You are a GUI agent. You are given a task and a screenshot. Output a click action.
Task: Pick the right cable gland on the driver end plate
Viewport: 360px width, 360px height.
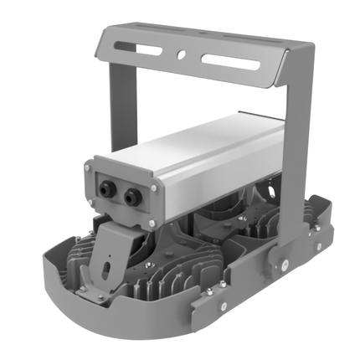pos(132,198)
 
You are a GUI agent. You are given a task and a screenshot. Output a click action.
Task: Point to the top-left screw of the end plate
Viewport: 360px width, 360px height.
pos(91,168)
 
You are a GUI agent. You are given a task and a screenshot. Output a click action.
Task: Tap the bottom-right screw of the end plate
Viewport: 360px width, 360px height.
pos(151,224)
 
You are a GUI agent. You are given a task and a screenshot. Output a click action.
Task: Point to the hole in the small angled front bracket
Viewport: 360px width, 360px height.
pos(106,267)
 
